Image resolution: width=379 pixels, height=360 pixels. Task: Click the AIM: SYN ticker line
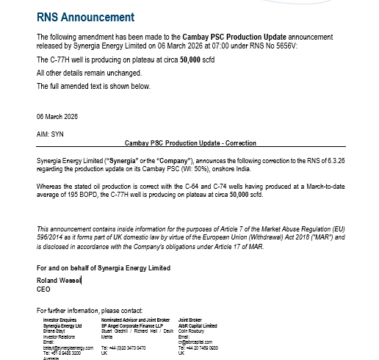click(x=51, y=134)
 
